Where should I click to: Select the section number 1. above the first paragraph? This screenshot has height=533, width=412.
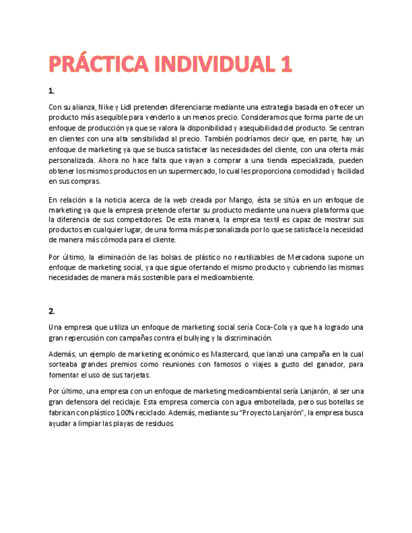point(52,91)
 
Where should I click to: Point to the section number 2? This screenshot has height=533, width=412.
point(52,310)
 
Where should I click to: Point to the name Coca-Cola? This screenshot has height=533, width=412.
point(273,327)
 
